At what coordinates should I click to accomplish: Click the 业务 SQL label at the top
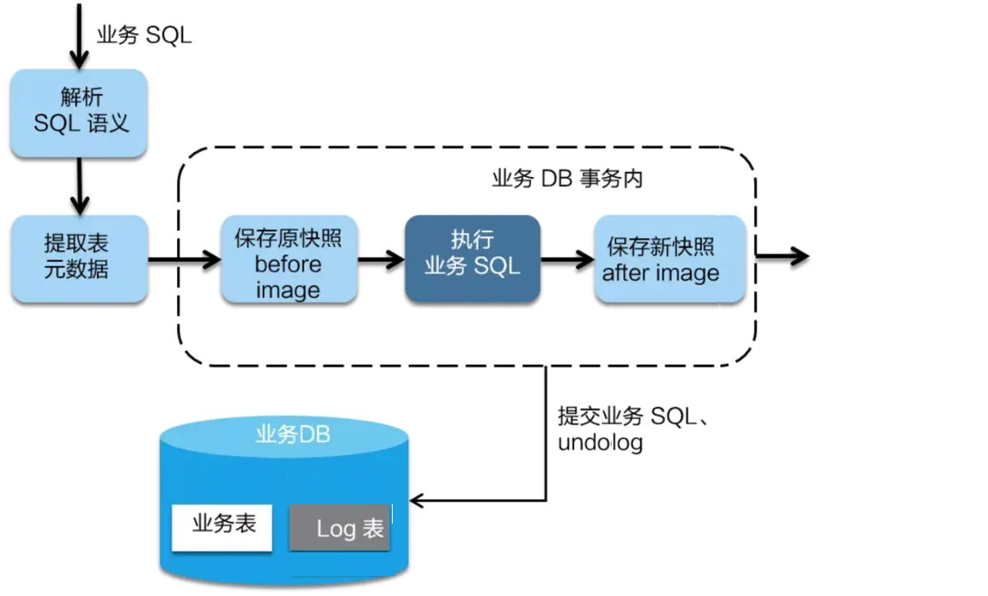(x=144, y=35)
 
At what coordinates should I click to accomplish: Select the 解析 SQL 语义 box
(x=79, y=113)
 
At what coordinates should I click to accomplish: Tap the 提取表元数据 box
(x=79, y=259)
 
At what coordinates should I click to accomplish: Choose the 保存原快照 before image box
(x=289, y=259)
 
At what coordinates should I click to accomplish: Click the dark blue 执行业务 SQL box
(x=473, y=259)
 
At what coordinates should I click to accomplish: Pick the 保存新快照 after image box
(x=670, y=259)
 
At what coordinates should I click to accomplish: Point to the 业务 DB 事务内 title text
(x=567, y=179)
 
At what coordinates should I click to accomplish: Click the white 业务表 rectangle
(x=221, y=528)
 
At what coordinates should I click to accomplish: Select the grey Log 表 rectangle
(x=339, y=528)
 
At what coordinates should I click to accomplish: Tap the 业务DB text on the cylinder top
(x=293, y=434)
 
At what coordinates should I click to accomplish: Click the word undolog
(x=600, y=443)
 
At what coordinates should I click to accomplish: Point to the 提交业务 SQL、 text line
(x=633, y=416)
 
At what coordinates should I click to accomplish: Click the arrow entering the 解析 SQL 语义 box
(x=79, y=36)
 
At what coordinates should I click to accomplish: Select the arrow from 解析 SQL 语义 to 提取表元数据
(x=79, y=186)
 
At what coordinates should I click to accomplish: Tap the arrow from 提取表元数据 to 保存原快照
(x=184, y=259)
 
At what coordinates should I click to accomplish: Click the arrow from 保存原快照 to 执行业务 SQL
(x=381, y=259)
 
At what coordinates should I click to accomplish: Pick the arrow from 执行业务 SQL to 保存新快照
(x=567, y=259)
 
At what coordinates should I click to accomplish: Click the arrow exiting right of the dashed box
(x=782, y=256)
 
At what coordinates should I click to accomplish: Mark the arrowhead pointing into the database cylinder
(x=417, y=501)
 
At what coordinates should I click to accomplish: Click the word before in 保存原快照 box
(x=288, y=264)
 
